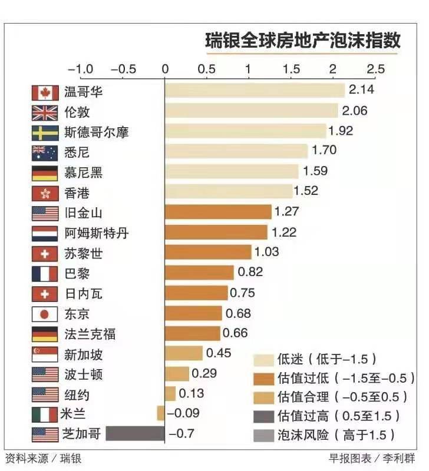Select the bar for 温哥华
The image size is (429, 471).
pyautogui.click(x=255, y=91)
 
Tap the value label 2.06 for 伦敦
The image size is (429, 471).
pyautogui.click(x=355, y=111)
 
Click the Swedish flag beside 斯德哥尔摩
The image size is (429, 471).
pyautogui.click(x=45, y=132)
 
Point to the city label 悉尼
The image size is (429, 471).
pyautogui.click(x=77, y=152)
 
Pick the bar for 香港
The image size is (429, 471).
pyautogui.click(x=229, y=191)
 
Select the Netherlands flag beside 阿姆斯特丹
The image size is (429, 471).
pyautogui.click(x=45, y=233)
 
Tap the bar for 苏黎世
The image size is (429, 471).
pyautogui.click(x=208, y=252)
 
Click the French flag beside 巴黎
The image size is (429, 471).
pyautogui.click(x=45, y=274)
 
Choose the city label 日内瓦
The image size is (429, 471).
pyautogui.click(x=83, y=294)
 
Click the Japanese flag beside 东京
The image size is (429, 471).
pyautogui.click(x=45, y=314)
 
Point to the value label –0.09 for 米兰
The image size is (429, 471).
pyautogui.click(x=183, y=413)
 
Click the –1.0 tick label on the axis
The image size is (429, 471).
pyautogui.click(x=80, y=69)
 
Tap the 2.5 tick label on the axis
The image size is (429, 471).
pyautogui.click(x=375, y=69)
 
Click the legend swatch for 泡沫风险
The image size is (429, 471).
pyautogui.click(x=263, y=436)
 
